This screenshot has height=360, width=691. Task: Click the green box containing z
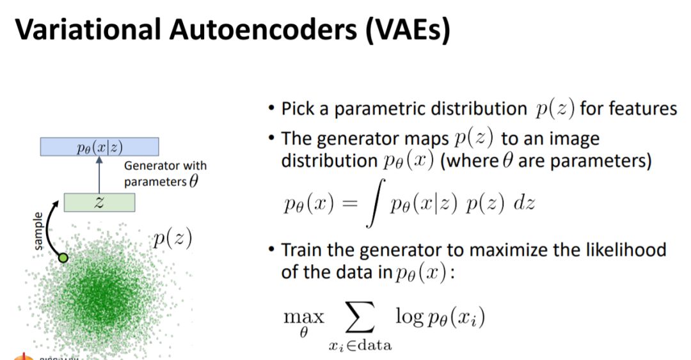tap(99, 202)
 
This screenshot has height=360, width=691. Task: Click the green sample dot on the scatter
tap(63, 258)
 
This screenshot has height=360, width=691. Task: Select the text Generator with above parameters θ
tap(165, 166)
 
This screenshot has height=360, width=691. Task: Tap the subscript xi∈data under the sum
tap(361, 346)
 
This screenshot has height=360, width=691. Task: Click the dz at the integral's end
tap(523, 204)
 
